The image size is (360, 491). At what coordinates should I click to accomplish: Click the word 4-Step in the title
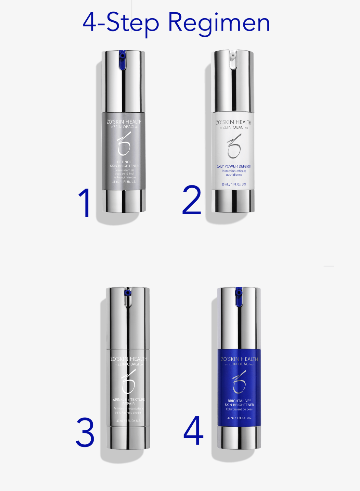pyautogui.click(x=121, y=23)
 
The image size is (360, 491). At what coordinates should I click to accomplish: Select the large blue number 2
pyautogui.click(x=192, y=200)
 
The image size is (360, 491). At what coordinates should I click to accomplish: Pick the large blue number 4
pyautogui.click(x=194, y=431)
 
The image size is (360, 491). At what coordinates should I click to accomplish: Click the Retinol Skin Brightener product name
pyautogui.click(x=124, y=164)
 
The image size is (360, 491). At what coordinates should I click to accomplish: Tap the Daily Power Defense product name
pyautogui.click(x=234, y=166)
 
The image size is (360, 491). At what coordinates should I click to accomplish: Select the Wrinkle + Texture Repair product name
pyautogui.click(x=129, y=402)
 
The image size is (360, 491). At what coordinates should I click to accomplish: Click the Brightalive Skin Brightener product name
pyautogui.click(x=239, y=403)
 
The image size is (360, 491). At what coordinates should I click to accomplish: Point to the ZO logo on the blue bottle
pyautogui.click(x=239, y=381)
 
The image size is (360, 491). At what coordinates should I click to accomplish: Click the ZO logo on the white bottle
pyautogui.click(x=234, y=146)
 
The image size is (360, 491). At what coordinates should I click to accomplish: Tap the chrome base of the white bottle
pyautogui.click(x=233, y=201)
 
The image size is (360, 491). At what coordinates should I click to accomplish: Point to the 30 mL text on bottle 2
pyautogui.click(x=234, y=184)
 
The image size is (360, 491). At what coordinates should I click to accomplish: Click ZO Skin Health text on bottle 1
pyautogui.click(x=124, y=122)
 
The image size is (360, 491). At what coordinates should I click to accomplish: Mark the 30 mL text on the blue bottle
pyautogui.click(x=239, y=418)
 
